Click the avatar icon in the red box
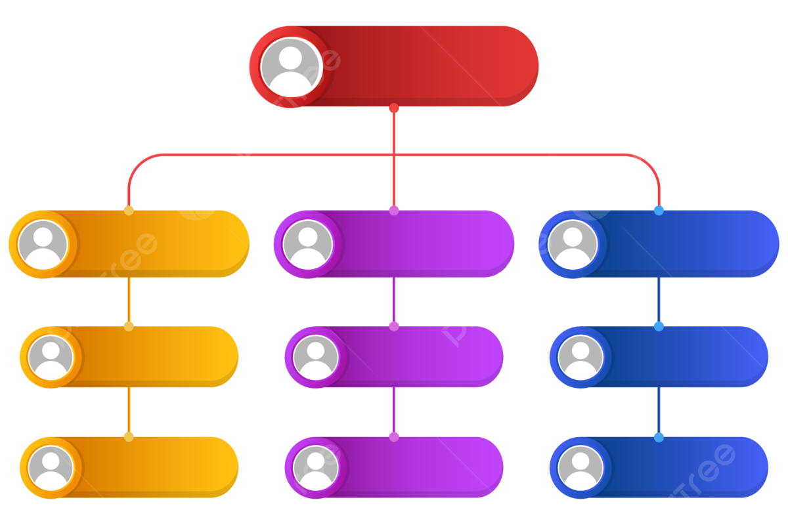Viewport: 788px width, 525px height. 290,66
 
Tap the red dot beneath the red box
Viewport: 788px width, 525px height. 394,108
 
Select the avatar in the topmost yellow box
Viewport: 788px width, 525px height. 43,244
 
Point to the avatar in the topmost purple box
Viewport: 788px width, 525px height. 307,244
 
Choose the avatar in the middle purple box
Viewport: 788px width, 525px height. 315,357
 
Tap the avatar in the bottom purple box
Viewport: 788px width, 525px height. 315,468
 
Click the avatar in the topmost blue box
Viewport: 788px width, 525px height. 573,244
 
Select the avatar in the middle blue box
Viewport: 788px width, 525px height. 580,357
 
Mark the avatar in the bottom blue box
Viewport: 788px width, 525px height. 580,468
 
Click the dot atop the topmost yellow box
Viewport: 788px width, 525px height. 129,211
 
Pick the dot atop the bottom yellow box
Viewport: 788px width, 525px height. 129,436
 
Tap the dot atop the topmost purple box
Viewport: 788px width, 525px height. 394,211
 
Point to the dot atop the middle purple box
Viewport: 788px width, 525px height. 394,326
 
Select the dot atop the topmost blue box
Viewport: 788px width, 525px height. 659,211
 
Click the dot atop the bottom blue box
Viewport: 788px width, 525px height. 659,437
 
